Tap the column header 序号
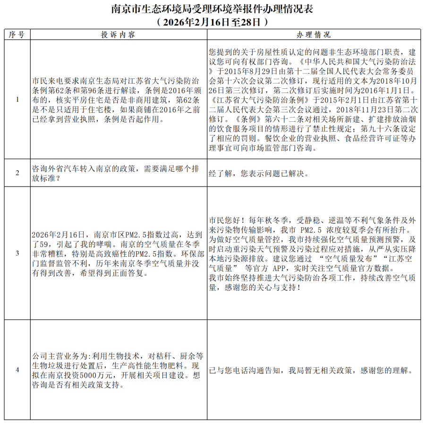point(17,35)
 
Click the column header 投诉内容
point(119,35)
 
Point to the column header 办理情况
point(314,35)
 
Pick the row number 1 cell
point(17,100)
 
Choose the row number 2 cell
point(17,173)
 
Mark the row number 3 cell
point(17,253)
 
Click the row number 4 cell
point(17,370)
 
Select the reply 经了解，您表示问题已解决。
point(259,173)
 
